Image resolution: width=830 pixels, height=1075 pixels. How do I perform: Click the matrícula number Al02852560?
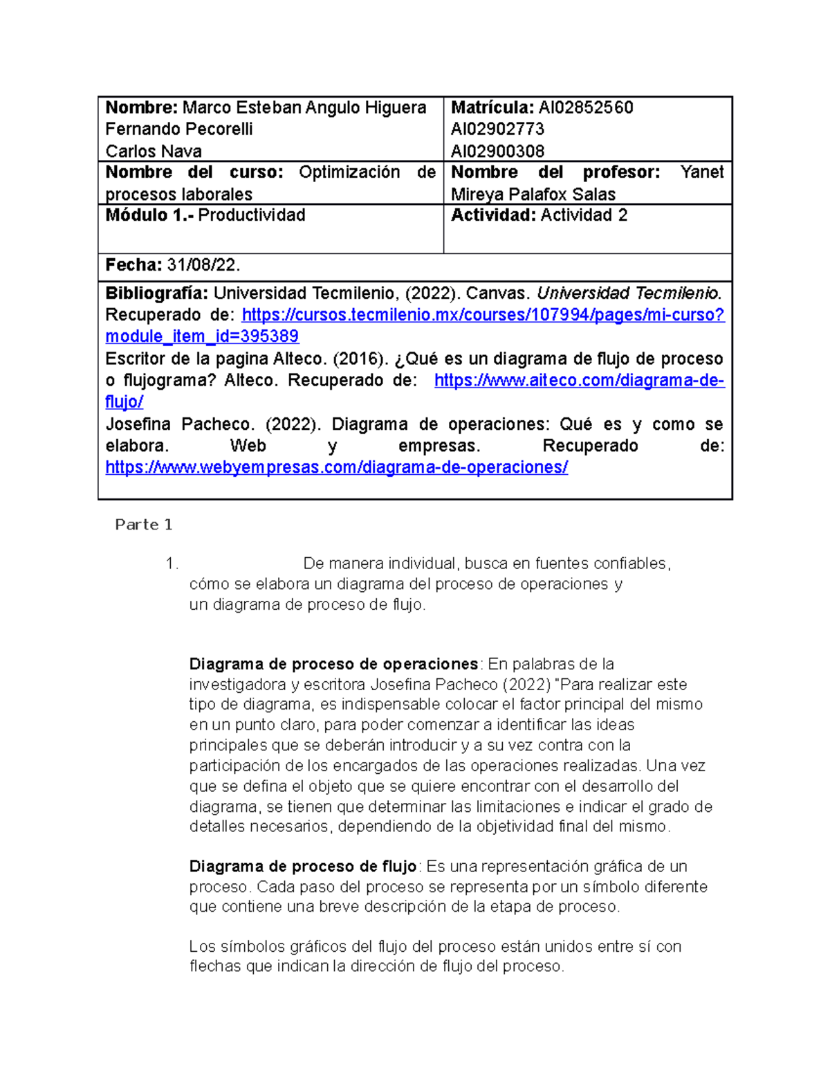point(585,107)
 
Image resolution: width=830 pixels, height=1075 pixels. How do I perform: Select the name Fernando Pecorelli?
point(178,129)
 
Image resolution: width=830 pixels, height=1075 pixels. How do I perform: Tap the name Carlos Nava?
point(154,151)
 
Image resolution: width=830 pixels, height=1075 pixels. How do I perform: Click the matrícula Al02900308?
point(497,151)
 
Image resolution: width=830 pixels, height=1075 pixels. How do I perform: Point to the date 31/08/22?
point(203,265)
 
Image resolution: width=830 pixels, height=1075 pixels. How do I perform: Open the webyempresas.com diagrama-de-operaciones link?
point(336,467)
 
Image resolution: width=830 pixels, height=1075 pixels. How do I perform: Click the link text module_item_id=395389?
point(202,336)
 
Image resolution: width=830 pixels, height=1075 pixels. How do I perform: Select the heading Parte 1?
point(143,525)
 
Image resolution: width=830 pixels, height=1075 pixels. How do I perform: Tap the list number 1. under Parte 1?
point(172,563)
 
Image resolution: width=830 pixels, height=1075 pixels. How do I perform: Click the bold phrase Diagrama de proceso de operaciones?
point(333,665)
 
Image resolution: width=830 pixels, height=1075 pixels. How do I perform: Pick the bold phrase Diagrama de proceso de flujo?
point(303,867)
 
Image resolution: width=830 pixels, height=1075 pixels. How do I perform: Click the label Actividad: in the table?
point(493,215)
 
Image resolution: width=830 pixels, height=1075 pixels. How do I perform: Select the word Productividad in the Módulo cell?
point(252,215)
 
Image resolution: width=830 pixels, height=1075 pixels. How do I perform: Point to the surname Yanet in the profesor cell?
point(701,172)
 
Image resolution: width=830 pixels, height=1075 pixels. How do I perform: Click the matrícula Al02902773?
point(497,129)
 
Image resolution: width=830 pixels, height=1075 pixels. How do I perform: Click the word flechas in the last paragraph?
point(215,966)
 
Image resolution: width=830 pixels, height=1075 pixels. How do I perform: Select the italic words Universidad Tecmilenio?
point(629,293)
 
